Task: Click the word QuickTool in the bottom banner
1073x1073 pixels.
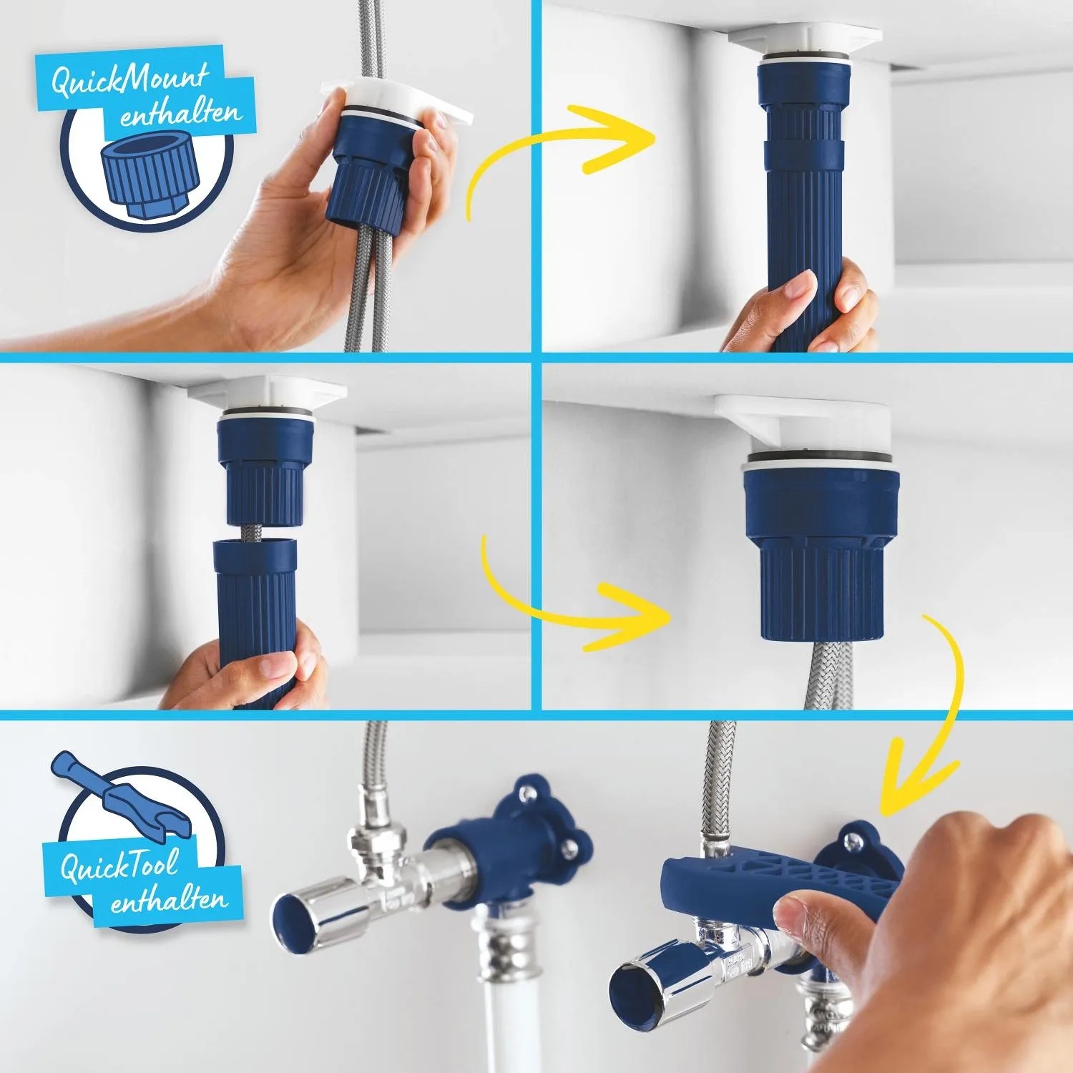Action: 118,866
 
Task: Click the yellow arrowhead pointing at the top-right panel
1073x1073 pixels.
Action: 629,139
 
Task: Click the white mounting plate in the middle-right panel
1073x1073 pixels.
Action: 801,426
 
